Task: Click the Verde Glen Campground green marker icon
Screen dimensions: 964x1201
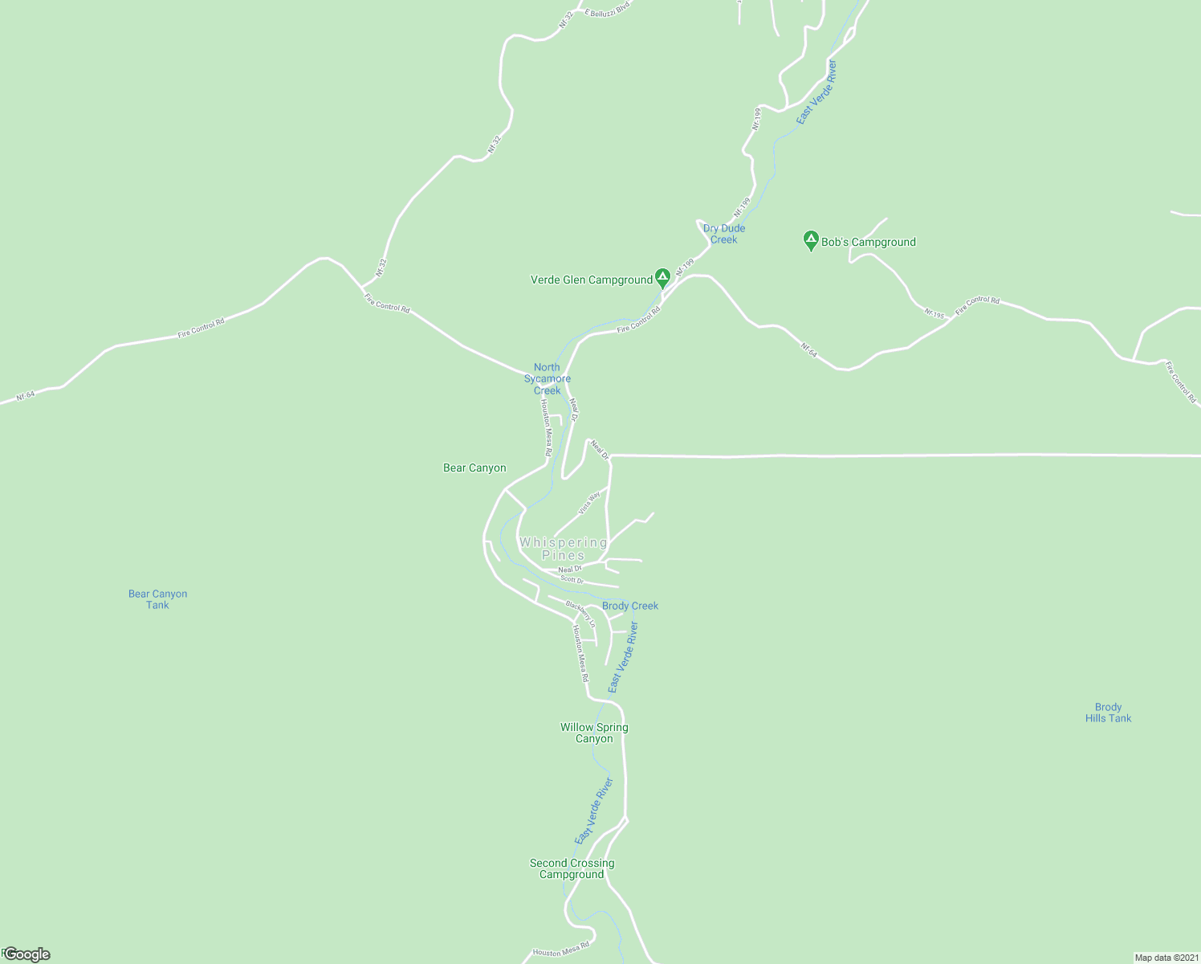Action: point(662,278)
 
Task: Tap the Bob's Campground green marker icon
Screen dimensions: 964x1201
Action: point(811,240)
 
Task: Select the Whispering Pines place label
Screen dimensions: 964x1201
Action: point(564,549)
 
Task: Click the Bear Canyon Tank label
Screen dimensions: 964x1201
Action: point(157,599)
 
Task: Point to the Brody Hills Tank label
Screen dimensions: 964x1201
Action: point(1108,713)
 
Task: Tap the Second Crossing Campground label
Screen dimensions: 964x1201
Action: point(572,868)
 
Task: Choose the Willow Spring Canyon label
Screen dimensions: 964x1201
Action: point(594,733)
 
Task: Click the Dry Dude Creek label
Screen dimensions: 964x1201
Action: point(724,234)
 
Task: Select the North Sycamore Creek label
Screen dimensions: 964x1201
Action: point(548,379)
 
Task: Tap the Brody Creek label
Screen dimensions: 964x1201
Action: point(630,606)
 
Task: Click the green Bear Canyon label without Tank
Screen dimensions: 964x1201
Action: point(474,468)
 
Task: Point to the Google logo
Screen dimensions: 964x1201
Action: point(26,954)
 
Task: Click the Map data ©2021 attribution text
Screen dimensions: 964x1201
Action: point(1166,958)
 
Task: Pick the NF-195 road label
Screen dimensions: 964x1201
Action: point(934,313)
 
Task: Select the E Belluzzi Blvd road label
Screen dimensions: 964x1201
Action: point(605,9)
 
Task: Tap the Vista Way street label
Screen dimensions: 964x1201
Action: point(589,502)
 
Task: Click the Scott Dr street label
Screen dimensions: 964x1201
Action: point(572,579)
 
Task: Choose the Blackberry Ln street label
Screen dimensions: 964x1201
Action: point(580,615)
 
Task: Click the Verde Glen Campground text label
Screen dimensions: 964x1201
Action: point(592,280)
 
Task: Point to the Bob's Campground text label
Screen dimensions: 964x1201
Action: point(869,242)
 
